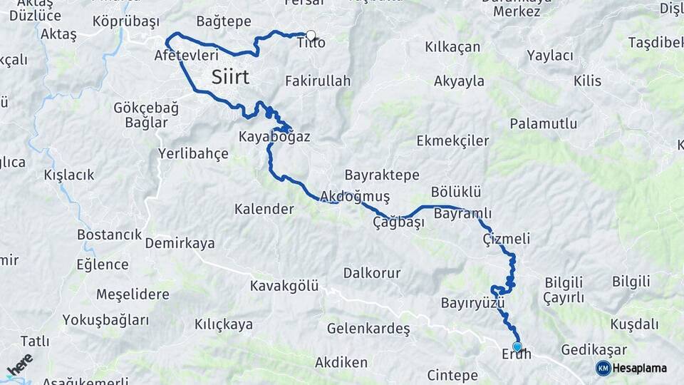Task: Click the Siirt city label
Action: pyautogui.click(x=230, y=77)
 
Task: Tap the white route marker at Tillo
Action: pyautogui.click(x=311, y=34)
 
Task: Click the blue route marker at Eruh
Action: pyautogui.click(x=517, y=346)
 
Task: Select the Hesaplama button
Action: pyautogui.click(x=632, y=368)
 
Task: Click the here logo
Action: pyautogui.click(x=19, y=364)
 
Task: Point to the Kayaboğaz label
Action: pyautogui.click(x=274, y=137)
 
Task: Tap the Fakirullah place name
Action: pyautogui.click(x=318, y=81)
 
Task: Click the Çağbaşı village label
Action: pyautogui.click(x=398, y=222)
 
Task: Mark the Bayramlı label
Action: pyautogui.click(x=462, y=214)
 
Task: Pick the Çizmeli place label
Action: pyautogui.click(x=506, y=239)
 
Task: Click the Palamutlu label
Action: pyautogui.click(x=543, y=123)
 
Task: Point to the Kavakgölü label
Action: pyautogui.click(x=284, y=286)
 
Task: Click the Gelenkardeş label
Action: pyautogui.click(x=368, y=329)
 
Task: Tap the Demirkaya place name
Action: pyautogui.click(x=180, y=244)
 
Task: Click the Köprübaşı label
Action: pyautogui.click(x=125, y=21)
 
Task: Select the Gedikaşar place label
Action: pyautogui.click(x=594, y=350)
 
